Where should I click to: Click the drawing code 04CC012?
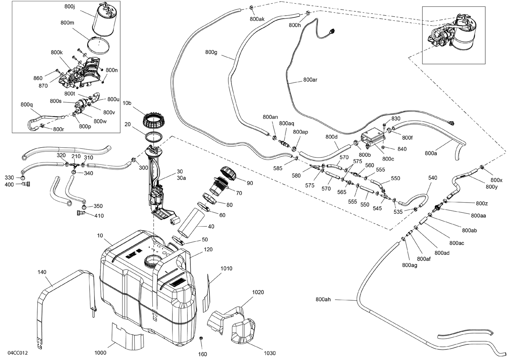pyautogui.click(x=17, y=353)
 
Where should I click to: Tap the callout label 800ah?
pyautogui.click(x=323, y=299)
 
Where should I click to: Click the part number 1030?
pyautogui.click(x=269, y=353)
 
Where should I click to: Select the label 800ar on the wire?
pyautogui.click(x=310, y=80)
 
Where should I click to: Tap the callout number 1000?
pyautogui.click(x=100, y=353)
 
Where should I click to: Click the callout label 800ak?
pyautogui.click(x=257, y=19)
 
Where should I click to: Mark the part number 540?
pyautogui.click(x=433, y=177)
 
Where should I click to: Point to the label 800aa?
pyautogui.click(x=478, y=215)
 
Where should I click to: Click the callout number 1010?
pyautogui.click(x=226, y=268)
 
